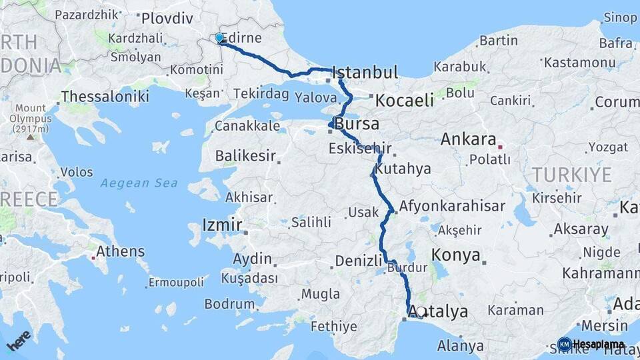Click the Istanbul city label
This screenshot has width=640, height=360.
[365, 72]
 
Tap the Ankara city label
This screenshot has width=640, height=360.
[469, 140]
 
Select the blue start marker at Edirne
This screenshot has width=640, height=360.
[219, 38]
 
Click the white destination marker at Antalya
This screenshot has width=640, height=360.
[421, 311]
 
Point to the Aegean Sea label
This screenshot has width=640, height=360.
[139, 183]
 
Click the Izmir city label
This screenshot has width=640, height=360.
[222, 225]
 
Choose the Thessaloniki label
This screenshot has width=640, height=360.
[105, 97]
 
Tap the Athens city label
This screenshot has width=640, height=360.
[120, 251]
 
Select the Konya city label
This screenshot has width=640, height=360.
[456, 255]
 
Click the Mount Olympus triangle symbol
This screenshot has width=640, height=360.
[30, 137]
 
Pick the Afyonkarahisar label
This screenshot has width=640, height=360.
[452, 206]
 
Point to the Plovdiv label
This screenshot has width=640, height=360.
[167, 18]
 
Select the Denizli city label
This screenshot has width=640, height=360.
[358, 261]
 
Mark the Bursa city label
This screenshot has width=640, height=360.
[357, 124]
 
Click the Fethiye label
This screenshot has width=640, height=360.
[334, 327]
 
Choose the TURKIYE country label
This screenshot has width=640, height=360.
[571, 175]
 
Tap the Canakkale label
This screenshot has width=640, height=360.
[247, 126]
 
